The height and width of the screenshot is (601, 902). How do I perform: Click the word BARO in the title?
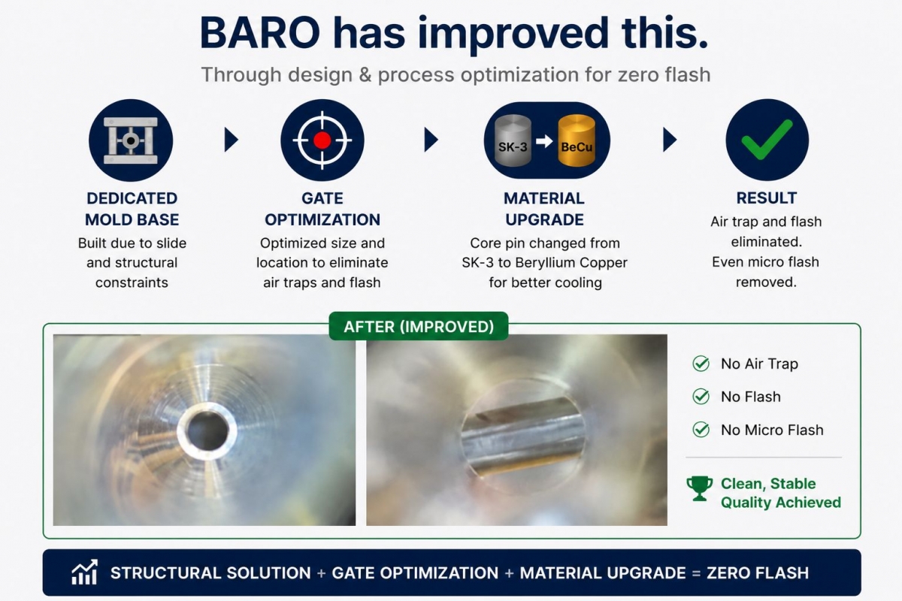click(260, 32)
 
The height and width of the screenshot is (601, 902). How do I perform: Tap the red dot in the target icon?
click(322, 140)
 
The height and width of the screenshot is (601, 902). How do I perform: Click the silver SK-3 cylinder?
click(513, 140)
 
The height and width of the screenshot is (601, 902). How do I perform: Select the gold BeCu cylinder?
click(577, 140)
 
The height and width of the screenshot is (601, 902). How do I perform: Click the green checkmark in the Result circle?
click(767, 139)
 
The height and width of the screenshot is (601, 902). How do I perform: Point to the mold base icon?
click(131, 140)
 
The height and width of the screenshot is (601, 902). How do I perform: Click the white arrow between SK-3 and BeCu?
click(544, 141)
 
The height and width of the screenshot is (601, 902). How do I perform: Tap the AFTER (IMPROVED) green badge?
click(419, 327)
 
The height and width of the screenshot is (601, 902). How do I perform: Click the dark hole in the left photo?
click(207, 430)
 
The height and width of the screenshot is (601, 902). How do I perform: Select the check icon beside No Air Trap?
click(701, 364)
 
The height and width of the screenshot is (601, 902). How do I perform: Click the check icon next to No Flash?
click(701, 397)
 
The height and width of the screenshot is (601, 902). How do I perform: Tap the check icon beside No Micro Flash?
click(701, 430)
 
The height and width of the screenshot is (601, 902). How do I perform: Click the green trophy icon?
click(700, 488)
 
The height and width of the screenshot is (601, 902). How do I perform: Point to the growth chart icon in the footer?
click(84, 572)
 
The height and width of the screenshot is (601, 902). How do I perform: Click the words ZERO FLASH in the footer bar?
click(758, 572)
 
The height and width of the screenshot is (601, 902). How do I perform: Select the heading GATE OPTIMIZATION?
click(322, 209)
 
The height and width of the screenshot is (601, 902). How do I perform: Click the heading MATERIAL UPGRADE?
click(544, 209)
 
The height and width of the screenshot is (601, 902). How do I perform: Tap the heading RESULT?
click(766, 198)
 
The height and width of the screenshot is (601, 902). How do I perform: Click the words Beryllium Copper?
click(571, 263)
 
